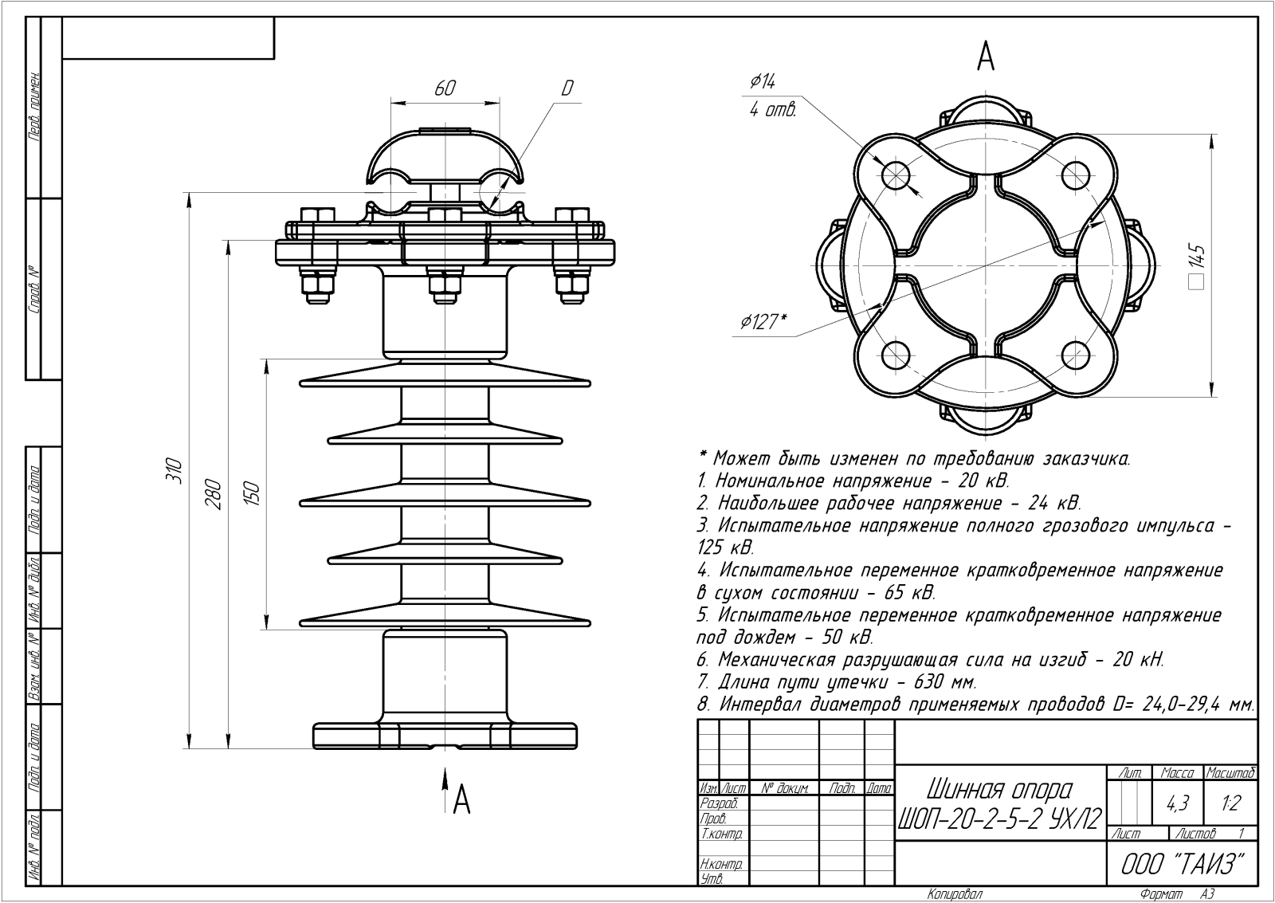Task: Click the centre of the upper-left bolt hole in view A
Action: tap(896, 175)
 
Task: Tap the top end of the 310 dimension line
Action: tap(189, 192)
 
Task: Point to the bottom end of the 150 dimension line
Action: tap(266, 629)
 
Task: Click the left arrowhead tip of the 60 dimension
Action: tap(391, 103)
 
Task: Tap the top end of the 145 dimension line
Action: tap(1211, 135)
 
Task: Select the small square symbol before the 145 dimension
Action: tap(1198, 282)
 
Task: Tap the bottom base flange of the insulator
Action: tap(445, 736)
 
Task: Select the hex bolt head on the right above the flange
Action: tap(572, 215)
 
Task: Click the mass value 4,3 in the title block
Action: tap(1178, 803)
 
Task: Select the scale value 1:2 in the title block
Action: tap(1230, 803)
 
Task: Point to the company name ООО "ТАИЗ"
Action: tap(1183, 864)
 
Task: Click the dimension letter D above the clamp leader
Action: tap(567, 88)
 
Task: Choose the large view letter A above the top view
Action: tap(986, 57)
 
